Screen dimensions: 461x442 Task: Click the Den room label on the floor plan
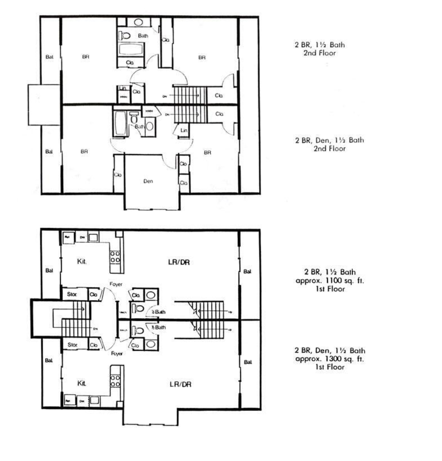tap(148, 181)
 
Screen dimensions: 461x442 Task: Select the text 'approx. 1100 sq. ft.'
tap(329, 281)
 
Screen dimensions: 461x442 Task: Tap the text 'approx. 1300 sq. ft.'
tap(329, 359)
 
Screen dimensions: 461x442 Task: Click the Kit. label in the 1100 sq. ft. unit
tap(82, 262)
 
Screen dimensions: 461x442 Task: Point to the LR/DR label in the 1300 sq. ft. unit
tap(180, 384)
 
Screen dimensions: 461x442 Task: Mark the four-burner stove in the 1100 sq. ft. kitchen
tap(115, 257)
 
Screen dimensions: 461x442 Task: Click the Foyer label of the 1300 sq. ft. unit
tap(117, 354)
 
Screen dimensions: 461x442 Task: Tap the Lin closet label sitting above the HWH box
tap(123, 88)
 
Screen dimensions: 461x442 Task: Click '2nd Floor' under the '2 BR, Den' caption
tap(329, 149)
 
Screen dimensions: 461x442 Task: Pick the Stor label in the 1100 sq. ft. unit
tap(72, 294)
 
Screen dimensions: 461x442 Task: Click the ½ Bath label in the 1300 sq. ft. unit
tap(159, 327)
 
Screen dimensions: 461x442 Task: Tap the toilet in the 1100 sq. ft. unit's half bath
tap(138, 309)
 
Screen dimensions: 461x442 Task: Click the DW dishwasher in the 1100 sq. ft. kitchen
tap(82, 237)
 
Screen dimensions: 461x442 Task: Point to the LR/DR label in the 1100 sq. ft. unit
tap(179, 262)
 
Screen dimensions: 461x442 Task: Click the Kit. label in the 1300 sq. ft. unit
tap(82, 383)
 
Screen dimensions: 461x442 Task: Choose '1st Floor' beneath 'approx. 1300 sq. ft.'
tap(329, 367)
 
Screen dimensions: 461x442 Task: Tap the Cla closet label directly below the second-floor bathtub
tap(130, 62)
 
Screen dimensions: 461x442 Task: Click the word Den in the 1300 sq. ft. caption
tap(322, 351)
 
